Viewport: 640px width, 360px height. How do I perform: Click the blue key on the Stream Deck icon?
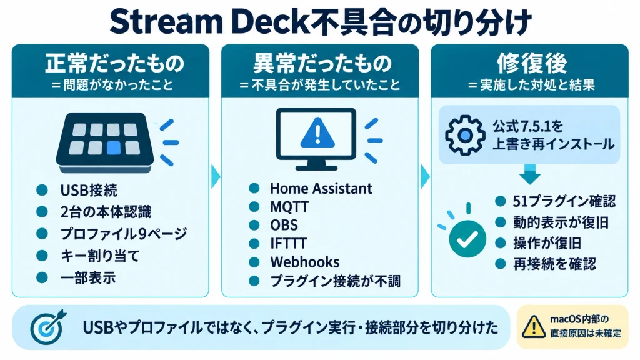(114, 147)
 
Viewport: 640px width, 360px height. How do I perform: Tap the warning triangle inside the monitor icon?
(317, 133)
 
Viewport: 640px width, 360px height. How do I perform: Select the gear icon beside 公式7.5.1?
(464, 135)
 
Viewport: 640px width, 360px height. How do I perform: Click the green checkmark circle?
(467, 239)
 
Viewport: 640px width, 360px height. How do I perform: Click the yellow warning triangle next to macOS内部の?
(534, 327)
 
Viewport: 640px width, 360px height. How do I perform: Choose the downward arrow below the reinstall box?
(530, 174)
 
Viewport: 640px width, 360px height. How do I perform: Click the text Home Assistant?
(321, 189)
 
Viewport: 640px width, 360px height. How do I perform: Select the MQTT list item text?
(289, 207)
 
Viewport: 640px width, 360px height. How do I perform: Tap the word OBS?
(284, 225)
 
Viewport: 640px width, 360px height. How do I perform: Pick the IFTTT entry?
(288, 244)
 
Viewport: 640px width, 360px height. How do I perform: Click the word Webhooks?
(305, 262)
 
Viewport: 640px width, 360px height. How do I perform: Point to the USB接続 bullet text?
(89, 190)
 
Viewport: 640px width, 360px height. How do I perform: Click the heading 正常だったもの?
(115, 64)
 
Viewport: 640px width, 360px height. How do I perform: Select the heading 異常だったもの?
(322, 64)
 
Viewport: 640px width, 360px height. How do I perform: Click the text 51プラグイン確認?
(564, 201)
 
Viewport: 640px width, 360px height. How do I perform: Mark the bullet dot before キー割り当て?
(42, 256)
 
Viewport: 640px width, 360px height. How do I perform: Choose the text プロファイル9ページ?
(124, 234)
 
